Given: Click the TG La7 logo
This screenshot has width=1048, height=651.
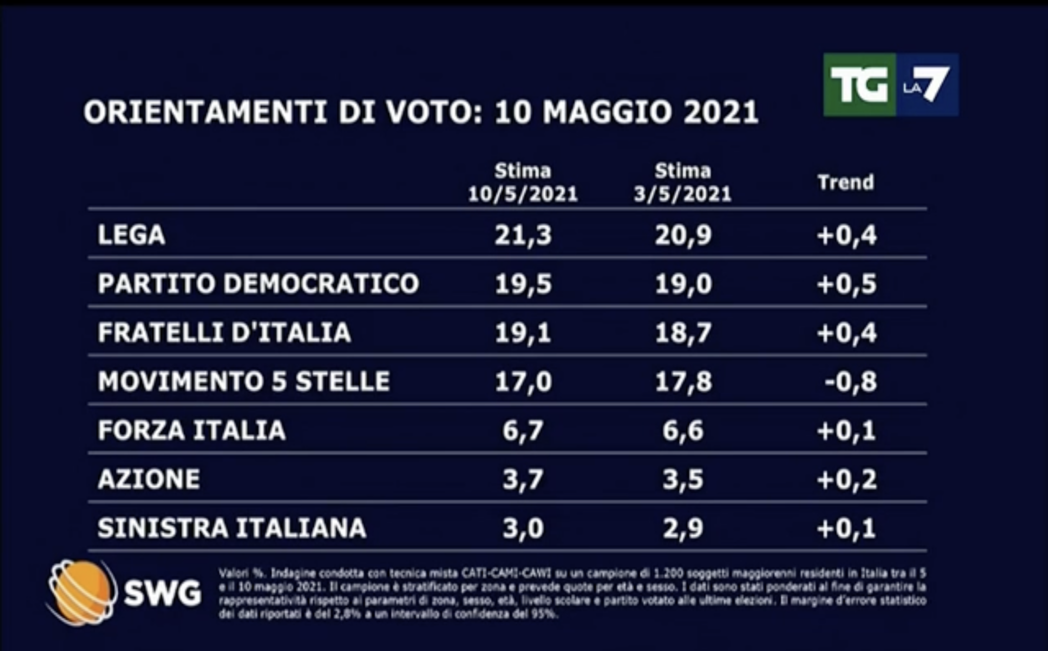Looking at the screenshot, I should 890,85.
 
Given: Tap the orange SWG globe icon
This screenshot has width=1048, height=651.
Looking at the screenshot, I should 80,592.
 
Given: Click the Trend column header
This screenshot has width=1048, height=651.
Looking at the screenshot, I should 845,183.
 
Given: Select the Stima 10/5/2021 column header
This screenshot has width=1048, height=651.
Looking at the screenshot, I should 522,183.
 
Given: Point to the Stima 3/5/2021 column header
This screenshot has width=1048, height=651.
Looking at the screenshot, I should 683,183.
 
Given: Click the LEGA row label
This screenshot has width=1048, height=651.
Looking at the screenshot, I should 132,235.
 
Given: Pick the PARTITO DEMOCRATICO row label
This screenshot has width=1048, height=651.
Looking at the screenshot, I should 258,283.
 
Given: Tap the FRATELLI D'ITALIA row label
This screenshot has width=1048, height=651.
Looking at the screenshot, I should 224,332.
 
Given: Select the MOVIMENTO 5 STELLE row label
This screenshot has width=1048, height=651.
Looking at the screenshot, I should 244,381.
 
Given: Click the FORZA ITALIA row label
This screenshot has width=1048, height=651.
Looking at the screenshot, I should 191,430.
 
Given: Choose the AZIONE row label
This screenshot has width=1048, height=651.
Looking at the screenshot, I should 148,479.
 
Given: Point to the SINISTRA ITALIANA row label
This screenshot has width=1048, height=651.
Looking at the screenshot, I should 232,528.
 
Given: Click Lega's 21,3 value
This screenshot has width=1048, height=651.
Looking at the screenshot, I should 523,235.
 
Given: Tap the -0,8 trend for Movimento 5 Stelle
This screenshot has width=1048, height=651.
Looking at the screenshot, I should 850,381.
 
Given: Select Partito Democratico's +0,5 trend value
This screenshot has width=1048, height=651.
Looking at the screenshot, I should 846,284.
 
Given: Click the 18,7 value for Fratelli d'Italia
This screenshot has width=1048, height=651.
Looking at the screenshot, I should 683,333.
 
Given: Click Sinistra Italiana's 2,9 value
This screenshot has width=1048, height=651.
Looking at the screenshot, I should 683,528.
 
